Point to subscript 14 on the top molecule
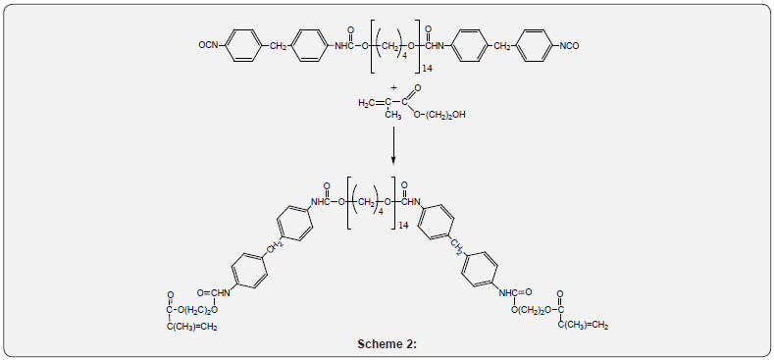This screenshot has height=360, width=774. (428, 69)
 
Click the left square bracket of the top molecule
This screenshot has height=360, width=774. (372, 45)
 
